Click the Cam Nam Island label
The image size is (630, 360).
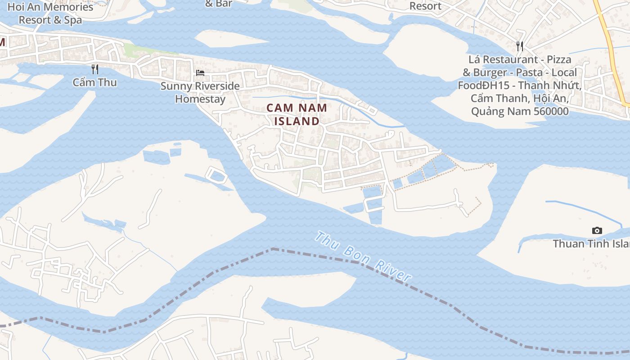pyautogui.click(x=297, y=114)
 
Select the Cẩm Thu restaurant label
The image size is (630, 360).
pyautogui.click(x=95, y=82)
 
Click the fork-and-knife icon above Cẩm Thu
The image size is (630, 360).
pyautogui.click(x=95, y=69)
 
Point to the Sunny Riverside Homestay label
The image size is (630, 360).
pyautogui.click(x=200, y=92)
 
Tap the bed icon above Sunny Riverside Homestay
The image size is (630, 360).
pyautogui.click(x=200, y=73)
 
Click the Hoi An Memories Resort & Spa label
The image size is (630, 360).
pyautogui.click(x=50, y=13)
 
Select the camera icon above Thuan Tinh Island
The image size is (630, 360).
pyautogui.click(x=597, y=231)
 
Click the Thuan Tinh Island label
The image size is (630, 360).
pyautogui.click(x=591, y=243)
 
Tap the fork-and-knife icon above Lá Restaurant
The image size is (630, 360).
pyautogui.click(x=520, y=46)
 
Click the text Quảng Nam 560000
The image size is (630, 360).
pyautogui.click(x=520, y=111)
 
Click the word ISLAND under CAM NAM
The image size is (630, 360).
pyautogui.click(x=297, y=121)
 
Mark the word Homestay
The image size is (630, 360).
pyautogui.click(x=200, y=99)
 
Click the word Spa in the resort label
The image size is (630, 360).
pyautogui.click(x=73, y=20)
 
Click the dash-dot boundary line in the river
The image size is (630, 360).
pyautogui.click(x=315, y=256)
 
